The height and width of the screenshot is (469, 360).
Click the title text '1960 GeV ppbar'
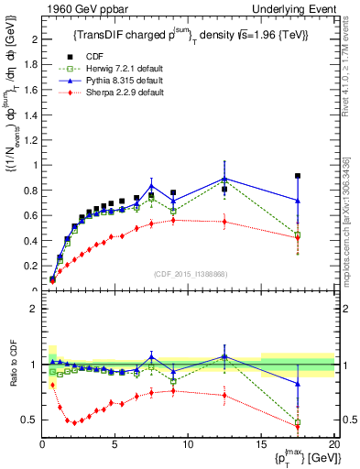pos(76,8)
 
